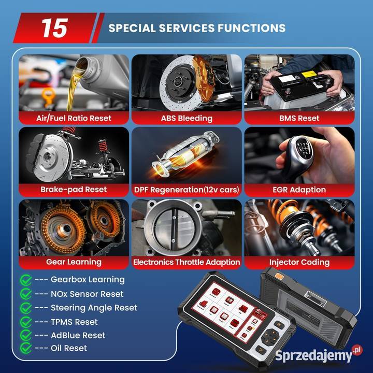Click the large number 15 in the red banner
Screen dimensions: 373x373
(x=55, y=28)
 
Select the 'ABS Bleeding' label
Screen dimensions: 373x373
(x=187, y=118)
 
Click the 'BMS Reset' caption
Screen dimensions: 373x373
(x=299, y=118)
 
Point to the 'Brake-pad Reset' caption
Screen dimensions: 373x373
(x=74, y=190)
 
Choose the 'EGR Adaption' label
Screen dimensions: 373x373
(x=299, y=190)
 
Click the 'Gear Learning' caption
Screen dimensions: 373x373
(x=74, y=262)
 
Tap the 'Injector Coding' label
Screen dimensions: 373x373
(x=299, y=262)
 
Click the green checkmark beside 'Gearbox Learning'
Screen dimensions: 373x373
(x=26, y=280)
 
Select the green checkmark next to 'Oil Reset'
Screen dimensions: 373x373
(x=26, y=348)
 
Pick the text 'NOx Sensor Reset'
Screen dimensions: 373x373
(x=87, y=294)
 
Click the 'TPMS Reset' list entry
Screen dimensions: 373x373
(x=74, y=322)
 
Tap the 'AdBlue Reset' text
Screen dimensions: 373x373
(x=78, y=335)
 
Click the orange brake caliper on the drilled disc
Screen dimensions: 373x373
(x=204, y=76)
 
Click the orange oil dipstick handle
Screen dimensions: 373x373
(x=49, y=96)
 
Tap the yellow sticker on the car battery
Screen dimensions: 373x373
(x=309, y=74)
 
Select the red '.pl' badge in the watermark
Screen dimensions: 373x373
(x=357, y=350)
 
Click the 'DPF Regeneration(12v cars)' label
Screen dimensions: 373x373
(x=187, y=190)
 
